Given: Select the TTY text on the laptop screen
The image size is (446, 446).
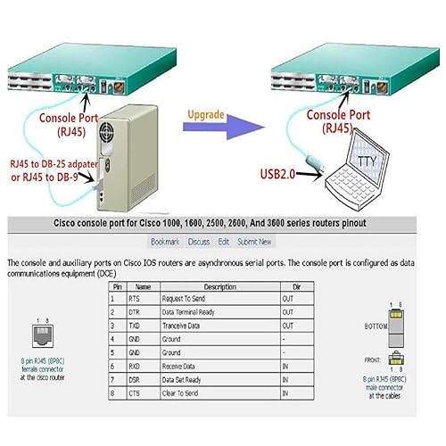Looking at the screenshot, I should (367, 161).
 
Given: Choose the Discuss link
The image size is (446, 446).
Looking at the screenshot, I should (199, 241).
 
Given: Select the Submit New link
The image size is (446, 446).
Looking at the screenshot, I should (254, 241).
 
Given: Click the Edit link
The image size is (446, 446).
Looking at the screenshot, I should (224, 241).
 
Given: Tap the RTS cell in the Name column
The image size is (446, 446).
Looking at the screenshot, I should (135, 300).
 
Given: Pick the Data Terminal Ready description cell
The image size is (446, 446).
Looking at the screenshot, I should (189, 313).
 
